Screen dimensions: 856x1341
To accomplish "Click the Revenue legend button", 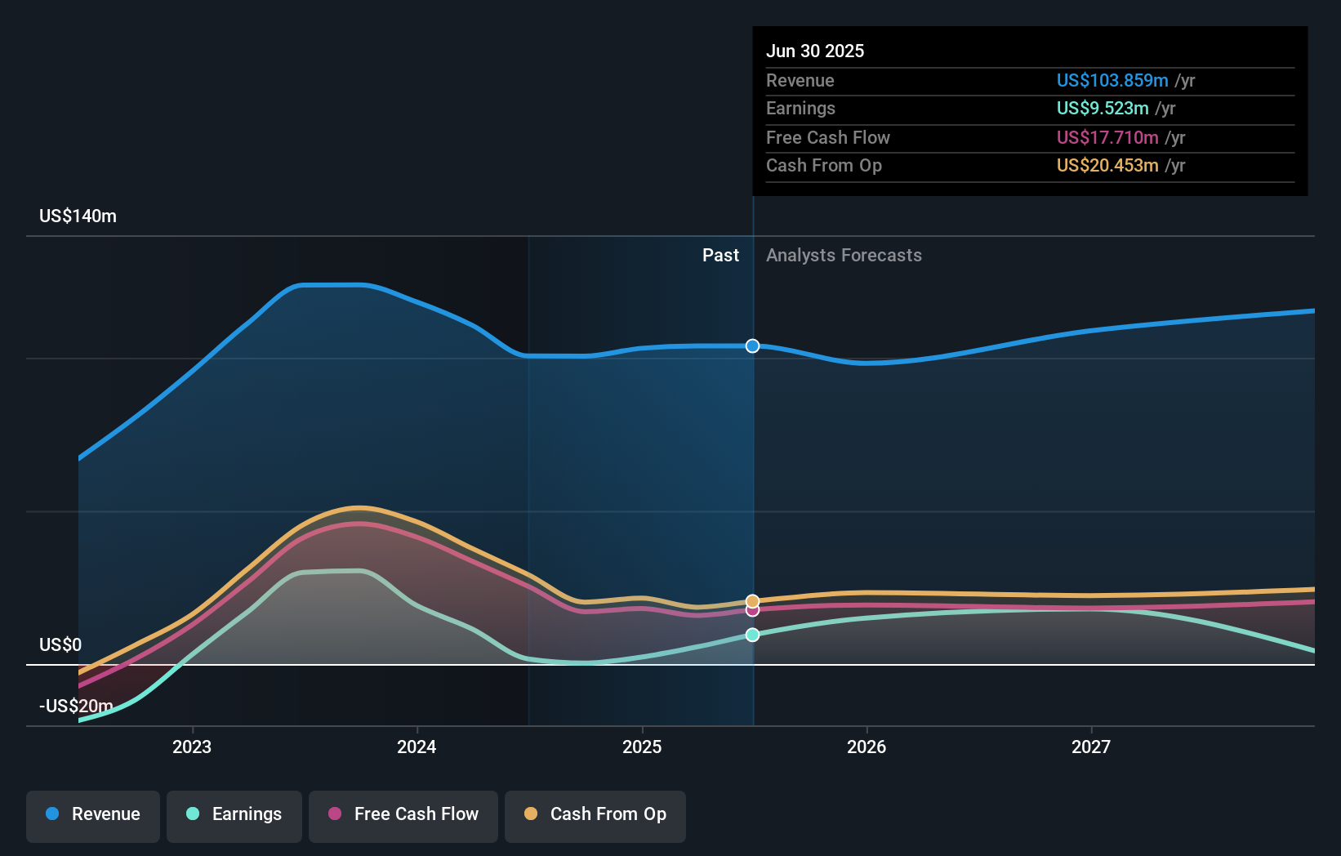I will click(93, 814).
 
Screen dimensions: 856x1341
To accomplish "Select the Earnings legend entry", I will click(234, 814).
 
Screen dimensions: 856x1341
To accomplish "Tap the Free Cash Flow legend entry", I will click(403, 814).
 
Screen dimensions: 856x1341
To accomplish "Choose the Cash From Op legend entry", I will click(595, 814).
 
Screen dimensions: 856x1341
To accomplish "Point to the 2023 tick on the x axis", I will click(192, 747).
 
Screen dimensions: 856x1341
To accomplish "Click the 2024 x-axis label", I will click(417, 747).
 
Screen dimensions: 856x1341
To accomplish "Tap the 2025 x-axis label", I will click(642, 747).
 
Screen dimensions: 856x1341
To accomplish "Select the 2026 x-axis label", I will click(867, 747).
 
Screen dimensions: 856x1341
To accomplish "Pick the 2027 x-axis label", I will click(1091, 747).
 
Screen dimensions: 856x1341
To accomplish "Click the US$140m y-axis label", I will click(78, 216).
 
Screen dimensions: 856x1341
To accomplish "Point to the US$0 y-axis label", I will click(60, 645).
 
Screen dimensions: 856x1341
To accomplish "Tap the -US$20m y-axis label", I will click(76, 707).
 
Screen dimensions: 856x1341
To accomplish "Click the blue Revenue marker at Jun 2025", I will click(752, 346).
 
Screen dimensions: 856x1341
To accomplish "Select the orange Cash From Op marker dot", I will click(752, 601).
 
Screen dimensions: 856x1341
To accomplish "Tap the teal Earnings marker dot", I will click(752, 635).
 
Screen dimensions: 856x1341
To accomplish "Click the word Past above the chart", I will click(720, 256).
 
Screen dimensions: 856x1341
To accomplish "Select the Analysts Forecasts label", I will click(844, 256).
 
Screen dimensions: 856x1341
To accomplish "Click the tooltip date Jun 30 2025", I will click(815, 51).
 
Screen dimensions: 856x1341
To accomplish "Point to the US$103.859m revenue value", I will click(1112, 81).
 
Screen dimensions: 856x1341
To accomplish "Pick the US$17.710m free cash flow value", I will click(1107, 138).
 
